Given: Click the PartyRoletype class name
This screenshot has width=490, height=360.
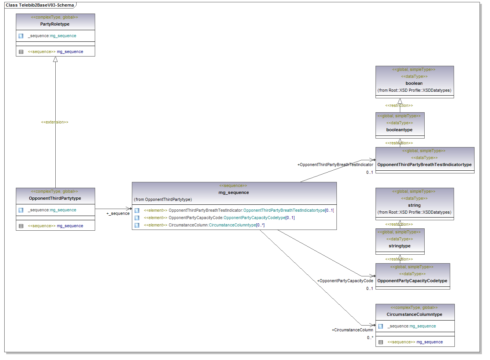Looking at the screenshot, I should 55,24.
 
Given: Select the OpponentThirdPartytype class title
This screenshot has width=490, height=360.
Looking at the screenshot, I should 55,198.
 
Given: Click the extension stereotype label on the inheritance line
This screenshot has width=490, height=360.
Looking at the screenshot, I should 55,122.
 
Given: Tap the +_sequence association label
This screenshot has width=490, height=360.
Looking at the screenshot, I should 118,213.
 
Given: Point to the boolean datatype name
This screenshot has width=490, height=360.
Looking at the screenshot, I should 414,83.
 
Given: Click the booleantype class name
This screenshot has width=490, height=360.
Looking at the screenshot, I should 400,130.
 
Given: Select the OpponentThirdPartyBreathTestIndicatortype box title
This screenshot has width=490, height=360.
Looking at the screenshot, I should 424,165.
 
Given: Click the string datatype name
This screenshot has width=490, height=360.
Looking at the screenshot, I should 414,205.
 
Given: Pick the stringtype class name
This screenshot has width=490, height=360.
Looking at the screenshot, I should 400,246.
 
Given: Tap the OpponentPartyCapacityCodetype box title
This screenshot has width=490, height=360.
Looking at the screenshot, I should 412,281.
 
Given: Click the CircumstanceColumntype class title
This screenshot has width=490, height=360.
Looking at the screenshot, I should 415,314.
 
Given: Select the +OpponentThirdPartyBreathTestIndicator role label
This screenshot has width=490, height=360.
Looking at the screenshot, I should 335,165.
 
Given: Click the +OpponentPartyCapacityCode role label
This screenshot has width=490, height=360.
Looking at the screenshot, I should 345,281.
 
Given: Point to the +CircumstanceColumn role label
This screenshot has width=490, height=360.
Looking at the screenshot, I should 352,330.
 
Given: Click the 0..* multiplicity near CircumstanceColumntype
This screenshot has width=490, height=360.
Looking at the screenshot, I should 370,338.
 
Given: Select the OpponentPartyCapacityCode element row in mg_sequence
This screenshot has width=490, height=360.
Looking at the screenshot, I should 219,218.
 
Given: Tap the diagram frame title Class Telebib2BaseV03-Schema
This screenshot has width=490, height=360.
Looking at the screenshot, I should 39,5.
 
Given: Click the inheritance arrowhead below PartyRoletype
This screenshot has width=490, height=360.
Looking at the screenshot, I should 55,59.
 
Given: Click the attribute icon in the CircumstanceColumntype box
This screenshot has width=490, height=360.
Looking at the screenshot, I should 381,326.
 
